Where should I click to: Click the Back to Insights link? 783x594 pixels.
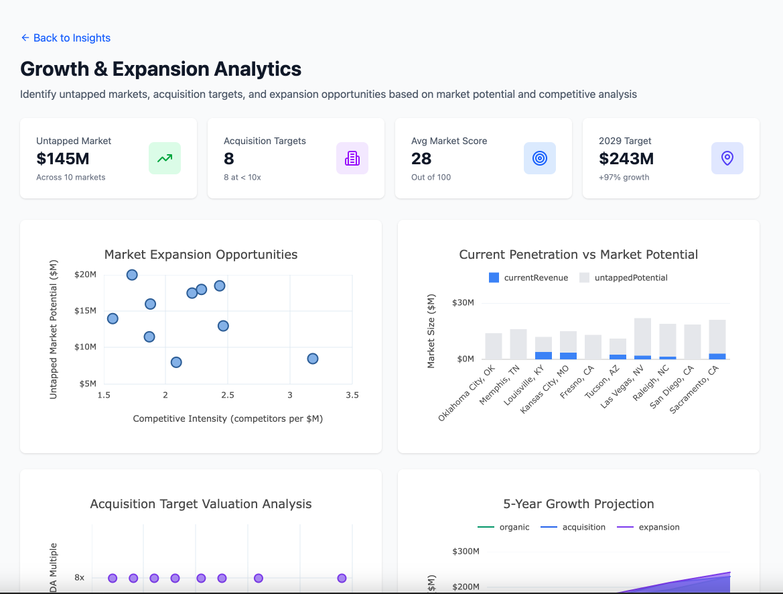click(66, 38)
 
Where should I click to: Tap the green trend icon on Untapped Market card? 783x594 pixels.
click(165, 158)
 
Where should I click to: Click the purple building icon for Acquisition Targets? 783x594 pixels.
click(352, 158)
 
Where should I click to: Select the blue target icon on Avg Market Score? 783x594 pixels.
click(540, 158)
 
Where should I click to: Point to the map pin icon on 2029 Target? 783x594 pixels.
click(727, 158)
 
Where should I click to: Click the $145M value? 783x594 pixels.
click(63, 159)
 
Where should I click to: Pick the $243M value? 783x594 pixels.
click(626, 159)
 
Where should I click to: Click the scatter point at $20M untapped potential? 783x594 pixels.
click(132, 275)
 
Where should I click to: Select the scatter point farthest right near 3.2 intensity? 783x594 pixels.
click(312, 359)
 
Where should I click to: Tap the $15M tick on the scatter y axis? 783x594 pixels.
click(86, 311)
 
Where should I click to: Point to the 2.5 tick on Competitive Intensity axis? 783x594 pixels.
click(228, 396)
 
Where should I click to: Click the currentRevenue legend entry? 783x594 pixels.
click(528, 278)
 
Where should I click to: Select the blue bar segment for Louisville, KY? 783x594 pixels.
click(543, 355)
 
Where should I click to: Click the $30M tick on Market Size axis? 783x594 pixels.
click(463, 303)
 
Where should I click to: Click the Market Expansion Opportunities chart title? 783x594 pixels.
click(201, 255)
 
